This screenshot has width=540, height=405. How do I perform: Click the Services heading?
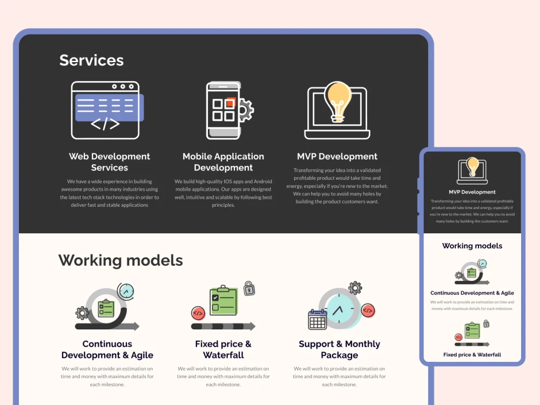coord(91,60)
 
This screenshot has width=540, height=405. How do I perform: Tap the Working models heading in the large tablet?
coord(120,261)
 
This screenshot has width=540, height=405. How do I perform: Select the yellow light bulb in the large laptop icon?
coord(338,102)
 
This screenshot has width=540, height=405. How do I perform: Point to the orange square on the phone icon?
coord(231,103)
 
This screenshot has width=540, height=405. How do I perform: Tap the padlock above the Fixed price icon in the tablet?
coord(249,288)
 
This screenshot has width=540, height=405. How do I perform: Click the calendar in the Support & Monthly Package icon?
coord(317,319)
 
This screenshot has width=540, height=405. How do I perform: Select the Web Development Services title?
coord(110,162)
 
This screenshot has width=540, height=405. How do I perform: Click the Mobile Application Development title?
coord(223,162)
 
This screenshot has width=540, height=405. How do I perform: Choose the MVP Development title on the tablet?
coord(337,157)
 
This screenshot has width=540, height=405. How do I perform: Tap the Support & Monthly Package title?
coord(340,349)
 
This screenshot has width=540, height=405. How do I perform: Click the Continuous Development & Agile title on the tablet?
coord(107,349)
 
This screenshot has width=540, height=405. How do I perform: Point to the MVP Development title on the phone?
coord(472,192)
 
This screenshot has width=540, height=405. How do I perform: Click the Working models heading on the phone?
coord(472,246)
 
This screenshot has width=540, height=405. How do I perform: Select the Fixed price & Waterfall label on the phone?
coord(472,355)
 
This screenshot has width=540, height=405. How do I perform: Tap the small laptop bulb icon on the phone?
coord(472,171)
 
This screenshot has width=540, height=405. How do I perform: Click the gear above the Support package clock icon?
coord(355,288)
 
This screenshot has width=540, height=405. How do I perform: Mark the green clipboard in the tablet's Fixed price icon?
coord(224,300)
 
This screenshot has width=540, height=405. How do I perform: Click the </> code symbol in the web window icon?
coord(105,124)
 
